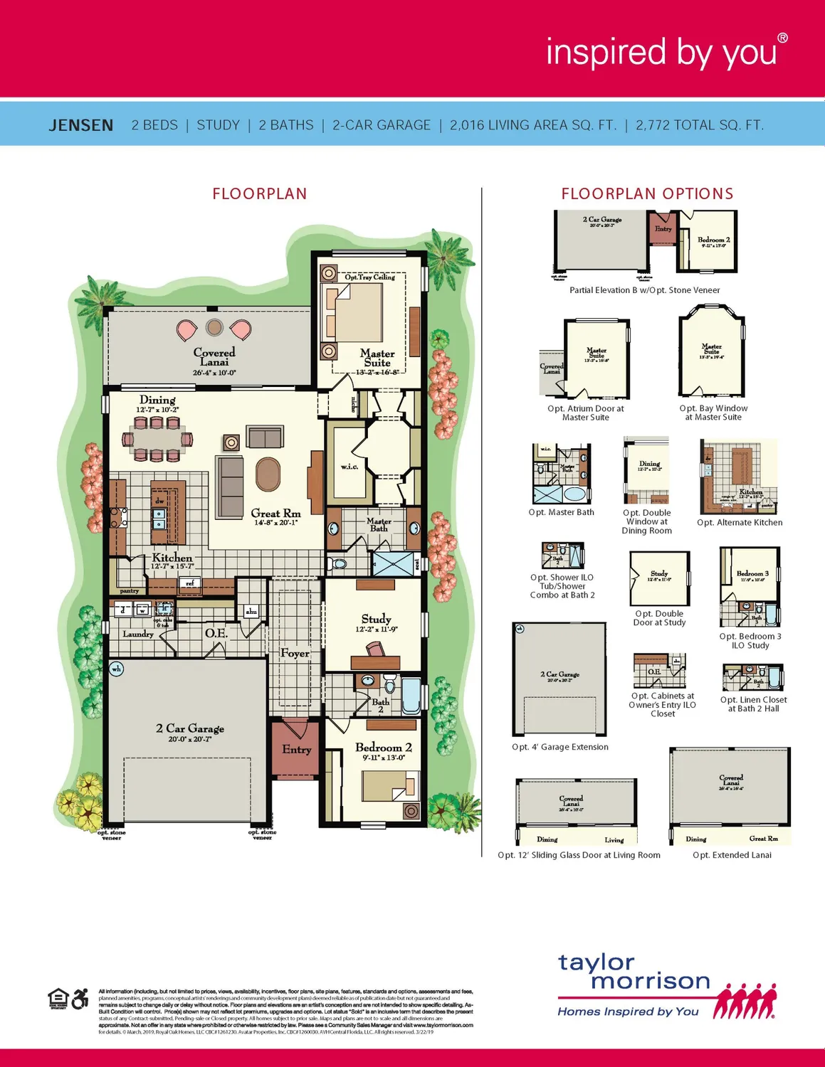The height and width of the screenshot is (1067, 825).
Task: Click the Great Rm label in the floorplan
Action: tap(275, 514)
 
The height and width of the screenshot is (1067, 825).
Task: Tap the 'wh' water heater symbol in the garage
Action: tap(117, 669)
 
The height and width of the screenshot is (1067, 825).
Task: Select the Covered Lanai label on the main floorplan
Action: tap(214, 357)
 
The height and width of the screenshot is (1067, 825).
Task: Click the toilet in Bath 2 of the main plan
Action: tap(389, 686)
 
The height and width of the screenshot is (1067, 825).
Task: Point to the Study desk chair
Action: tap(375, 649)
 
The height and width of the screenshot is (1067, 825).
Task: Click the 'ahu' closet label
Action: tap(251, 611)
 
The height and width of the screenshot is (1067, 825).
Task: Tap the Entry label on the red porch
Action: tap(296, 749)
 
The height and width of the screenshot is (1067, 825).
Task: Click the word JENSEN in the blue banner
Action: tap(80, 125)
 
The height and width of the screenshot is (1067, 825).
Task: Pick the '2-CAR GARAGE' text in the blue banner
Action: tap(382, 125)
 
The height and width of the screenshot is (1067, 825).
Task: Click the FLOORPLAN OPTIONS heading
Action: tap(647, 193)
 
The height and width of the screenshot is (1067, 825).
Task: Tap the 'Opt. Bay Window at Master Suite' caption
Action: tap(713, 413)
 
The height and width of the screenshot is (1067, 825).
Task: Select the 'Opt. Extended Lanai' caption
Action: tap(732, 855)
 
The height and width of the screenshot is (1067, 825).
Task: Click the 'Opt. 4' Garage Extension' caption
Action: tap(560, 747)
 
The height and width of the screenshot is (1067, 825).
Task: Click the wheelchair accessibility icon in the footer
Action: tap(80, 998)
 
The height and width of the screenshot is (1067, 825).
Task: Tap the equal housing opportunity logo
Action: tap(58, 998)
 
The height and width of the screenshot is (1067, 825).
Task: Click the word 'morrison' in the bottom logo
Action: tap(650, 982)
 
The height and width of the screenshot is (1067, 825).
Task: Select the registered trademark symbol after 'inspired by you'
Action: tap(782, 38)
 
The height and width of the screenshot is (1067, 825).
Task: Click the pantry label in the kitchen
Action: tap(130, 590)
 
